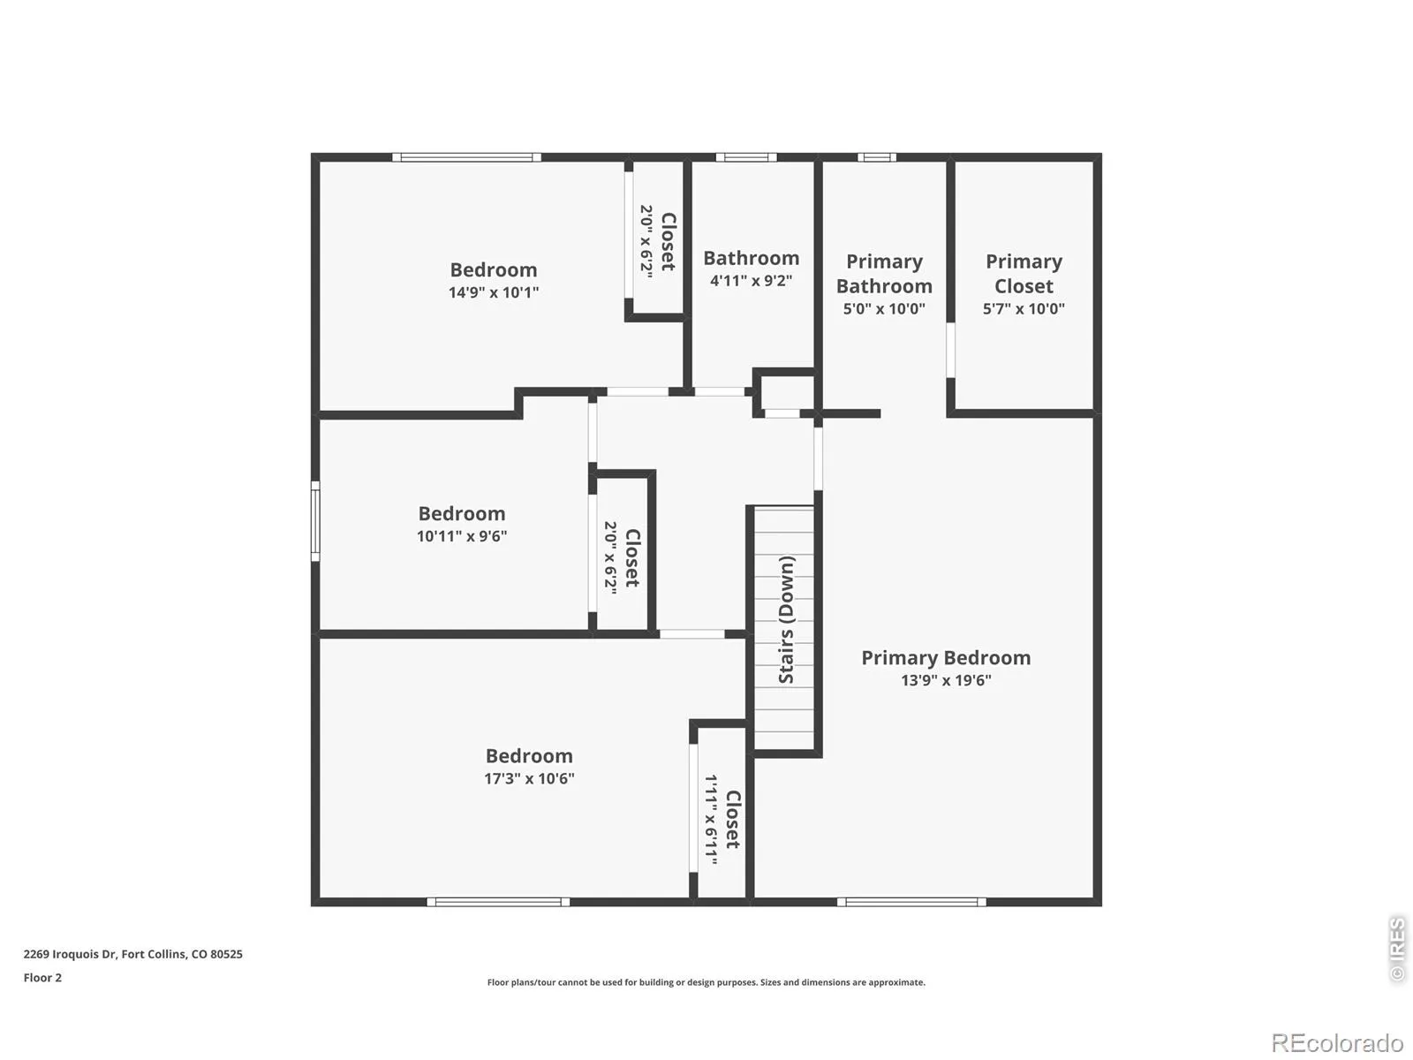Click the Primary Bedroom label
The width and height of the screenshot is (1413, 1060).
[946, 658]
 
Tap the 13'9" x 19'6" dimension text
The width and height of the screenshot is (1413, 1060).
[946, 680]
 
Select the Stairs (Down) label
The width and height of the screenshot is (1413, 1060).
[786, 619]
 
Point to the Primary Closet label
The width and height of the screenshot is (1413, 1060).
[1024, 274]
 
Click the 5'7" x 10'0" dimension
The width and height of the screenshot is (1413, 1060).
[1024, 309]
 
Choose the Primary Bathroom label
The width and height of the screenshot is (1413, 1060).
[884, 274]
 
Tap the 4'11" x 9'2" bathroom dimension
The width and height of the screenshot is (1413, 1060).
[752, 281]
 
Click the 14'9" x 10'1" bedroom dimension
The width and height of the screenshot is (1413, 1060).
[494, 292]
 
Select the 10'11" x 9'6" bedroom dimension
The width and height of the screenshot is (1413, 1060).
[462, 536]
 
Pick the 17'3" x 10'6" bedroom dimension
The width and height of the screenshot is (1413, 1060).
[529, 778]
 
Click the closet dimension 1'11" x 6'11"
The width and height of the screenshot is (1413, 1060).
[711, 820]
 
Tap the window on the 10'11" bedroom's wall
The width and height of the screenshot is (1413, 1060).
[315, 521]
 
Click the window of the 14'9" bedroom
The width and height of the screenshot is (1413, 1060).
[466, 157]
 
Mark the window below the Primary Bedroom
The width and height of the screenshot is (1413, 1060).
[911, 902]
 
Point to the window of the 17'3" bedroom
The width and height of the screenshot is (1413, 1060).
[498, 902]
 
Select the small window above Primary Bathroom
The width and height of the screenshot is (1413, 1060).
[876, 157]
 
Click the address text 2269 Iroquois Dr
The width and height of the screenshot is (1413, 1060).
[71, 954]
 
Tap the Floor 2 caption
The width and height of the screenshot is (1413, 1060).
[42, 978]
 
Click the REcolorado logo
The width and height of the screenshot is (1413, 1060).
[1338, 1042]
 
